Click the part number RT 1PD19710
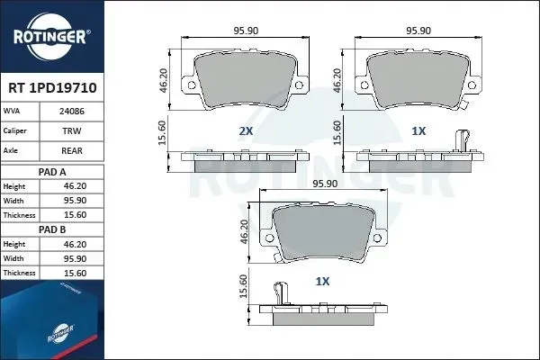[x=52, y=88]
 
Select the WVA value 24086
[x=72, y=112]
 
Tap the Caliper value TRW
[x=72, y=130]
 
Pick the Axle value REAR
[x=72, y=150]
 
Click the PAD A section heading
[x=52, y=172]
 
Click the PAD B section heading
[x=52, y=229]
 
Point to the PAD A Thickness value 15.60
[x=75, y=215]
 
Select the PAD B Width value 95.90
[x=75, y=258]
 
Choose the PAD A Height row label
[x=14, y=186]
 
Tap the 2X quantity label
[x=246, y=130]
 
